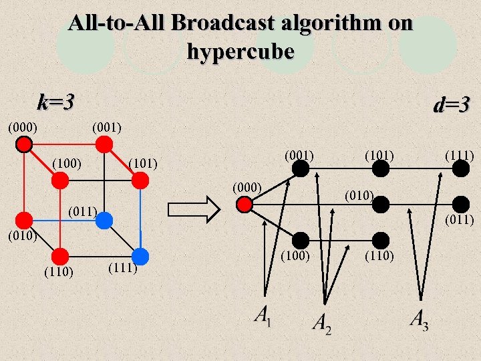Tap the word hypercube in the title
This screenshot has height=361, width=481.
[240, 51]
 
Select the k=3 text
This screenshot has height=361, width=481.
[55, 102]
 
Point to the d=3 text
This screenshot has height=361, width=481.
[452, 105]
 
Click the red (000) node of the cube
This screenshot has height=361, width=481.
[25, 144]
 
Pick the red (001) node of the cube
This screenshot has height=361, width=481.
[104, 144]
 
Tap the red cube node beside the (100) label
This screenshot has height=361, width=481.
[60, 180]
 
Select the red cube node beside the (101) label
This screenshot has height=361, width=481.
[140, 180]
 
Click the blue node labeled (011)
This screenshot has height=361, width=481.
[104, 220]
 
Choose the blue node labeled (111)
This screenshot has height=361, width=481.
[140, 256]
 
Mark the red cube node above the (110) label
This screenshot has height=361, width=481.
[60, 256]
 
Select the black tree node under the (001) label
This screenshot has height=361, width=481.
[301, 170]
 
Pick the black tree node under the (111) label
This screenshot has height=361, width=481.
[460, 170]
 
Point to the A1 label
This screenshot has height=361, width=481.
[263, 315]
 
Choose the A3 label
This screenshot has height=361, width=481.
[420, 320]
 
